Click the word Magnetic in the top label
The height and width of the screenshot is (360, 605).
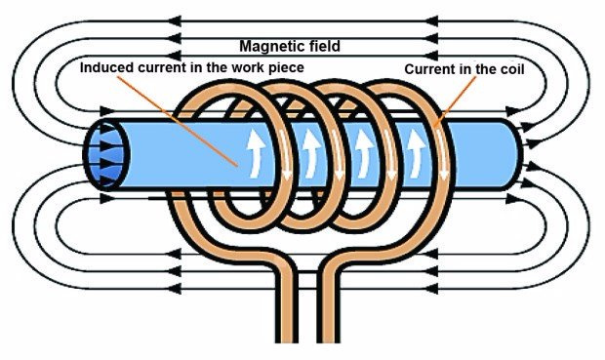tap(268, 47)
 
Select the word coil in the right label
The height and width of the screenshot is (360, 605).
tap(510, 69)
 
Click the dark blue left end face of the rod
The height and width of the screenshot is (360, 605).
tap(106, 155)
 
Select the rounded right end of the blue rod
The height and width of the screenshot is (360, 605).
tap(515, 154)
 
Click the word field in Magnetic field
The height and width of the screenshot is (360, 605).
tap(320, 46)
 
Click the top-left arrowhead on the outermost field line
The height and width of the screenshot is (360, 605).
tap(175, 21)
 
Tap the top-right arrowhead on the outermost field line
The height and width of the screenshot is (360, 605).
tap(431, 21)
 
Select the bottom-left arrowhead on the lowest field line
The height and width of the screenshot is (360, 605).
tap(175, 288)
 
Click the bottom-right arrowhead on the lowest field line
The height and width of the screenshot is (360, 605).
tap(431, 288)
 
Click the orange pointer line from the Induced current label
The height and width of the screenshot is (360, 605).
tap(177, 121)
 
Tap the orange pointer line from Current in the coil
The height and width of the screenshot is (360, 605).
tap(455, 101)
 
